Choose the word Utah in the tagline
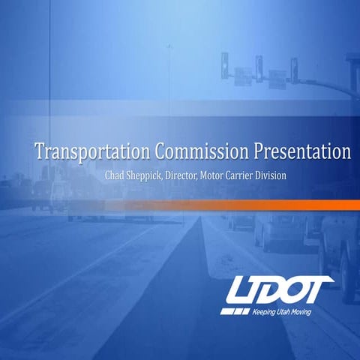tap(287, 310)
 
